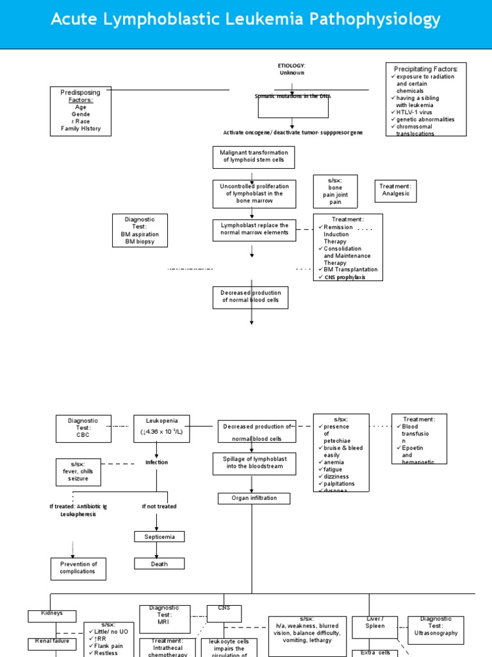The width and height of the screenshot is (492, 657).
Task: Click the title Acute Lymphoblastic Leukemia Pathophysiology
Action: pyautogui.click(x=246, y=20)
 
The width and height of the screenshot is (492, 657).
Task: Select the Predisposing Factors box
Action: pyautogui.click(x=81, y=111)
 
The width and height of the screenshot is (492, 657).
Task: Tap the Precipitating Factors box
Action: pyautogui.click(x=426, y=99)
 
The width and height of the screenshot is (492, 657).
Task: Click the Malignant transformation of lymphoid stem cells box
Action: pyautogui.click(x=254, y=156)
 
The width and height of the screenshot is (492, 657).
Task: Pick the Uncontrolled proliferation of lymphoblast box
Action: pyautogui.click(x=254, y=194)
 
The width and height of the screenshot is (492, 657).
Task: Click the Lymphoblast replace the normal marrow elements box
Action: pyautogui.click(x=254, y=230)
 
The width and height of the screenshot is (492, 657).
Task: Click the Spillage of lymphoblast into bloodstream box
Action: pyautogui.click(x=254, y=463)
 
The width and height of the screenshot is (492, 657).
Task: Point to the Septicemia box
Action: pyautogui.click(x=160, y=536)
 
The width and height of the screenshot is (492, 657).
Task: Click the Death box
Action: pyautogui.click(x=160, y=564)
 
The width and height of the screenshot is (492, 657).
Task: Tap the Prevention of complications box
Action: pyautogui.click(x=78, y=568)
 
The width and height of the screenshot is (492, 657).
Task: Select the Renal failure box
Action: pyautogui.click(x=53, y=644)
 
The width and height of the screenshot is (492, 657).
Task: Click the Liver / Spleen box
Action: pyautogui.click(x=375, y=626)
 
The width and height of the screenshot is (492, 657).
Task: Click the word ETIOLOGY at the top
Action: pyautogui.click(x=291, y=65)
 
